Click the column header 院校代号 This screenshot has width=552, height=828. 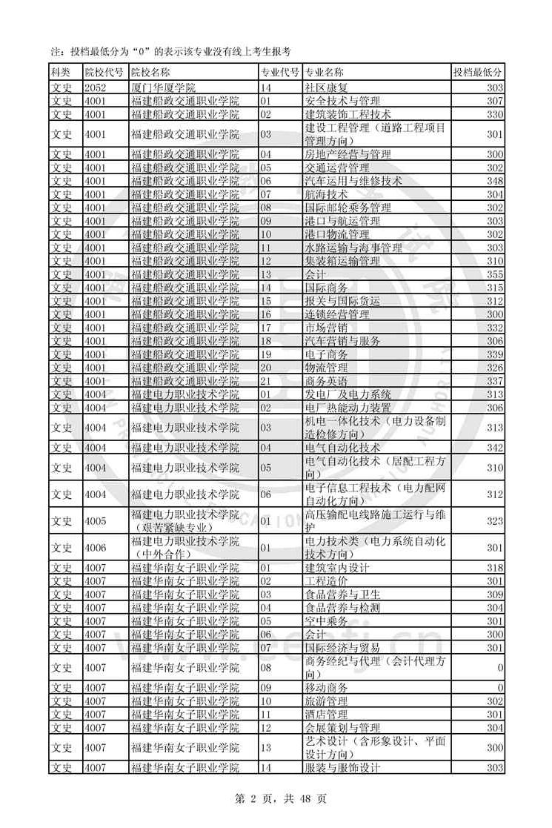104,73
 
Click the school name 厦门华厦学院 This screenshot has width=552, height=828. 163,87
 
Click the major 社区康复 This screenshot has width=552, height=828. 326,87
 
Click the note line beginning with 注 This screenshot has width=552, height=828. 170,51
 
